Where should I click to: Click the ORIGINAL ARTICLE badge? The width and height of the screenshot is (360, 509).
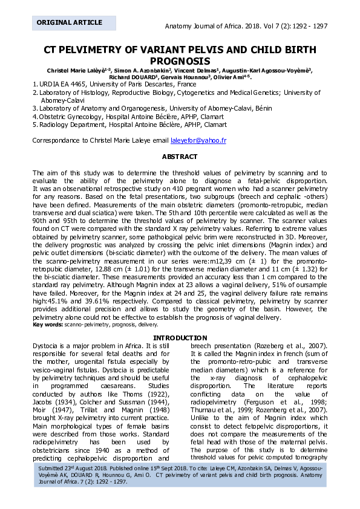coord(70,22)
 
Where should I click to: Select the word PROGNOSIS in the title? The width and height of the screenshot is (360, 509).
coord(180,61)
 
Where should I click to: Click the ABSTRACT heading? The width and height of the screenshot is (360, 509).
coord(180,157)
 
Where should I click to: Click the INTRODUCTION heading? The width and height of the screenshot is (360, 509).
coord(180,338)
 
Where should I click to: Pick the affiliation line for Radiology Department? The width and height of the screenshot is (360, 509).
coord(133,125)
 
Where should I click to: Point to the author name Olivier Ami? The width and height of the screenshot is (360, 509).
coord(233,77)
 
